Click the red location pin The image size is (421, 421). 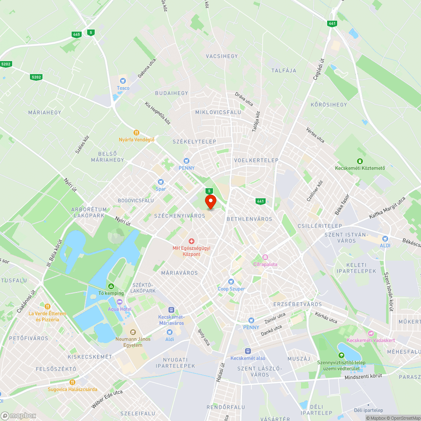pyautogui.click(x=210, y=201)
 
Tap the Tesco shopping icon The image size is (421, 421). pyautogui.click(x=123, y=80)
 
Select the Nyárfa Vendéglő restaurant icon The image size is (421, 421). pyautogui.click(x=136, y=132)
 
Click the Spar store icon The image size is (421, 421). pyautogui.click(x=160, y=181)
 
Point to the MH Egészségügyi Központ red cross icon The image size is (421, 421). pyautogui.click(x=191, y=241)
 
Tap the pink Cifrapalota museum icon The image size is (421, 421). pyautogui.click(x=265, y=257)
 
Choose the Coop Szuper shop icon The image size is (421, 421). pyautogui.click(x=231, y=281)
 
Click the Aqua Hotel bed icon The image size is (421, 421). pyautogui.click(x=119, y=302)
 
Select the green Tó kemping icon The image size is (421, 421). pyautogui.click(x=111, y=286)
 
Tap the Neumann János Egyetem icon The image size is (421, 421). pyautogui.click(x=133, y=332)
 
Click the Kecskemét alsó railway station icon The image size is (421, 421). pyautogui.click(x=248, y=351)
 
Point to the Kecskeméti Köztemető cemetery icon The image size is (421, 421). pyautogui.click(x=360, y=161)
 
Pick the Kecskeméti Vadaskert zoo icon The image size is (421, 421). pyautogui.click(x=370, y=333)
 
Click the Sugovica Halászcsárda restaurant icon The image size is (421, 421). pyautogui.click(x=72, y=382)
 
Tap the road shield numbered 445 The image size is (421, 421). pyautogui.click(x=76, y=35)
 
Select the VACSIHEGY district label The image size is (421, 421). pyautogui.click(x=222, y=56)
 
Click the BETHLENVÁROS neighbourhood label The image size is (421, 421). pyautogui.click(x=249, y=219)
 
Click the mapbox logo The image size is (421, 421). pyautogui.click(x=19, y=416)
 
